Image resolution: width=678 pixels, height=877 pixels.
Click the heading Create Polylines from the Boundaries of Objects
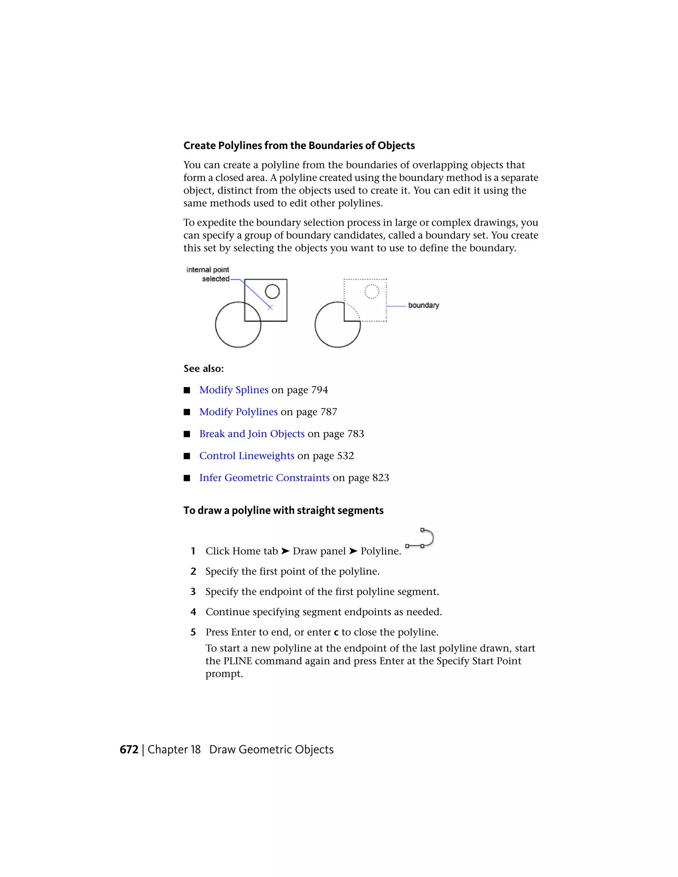(x=299, y=145)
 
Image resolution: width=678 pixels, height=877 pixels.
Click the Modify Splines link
(x=234, y=390)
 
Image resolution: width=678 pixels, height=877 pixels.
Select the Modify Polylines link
(x=238, y=412)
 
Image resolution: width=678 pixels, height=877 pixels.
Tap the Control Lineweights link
(x=247, y=456)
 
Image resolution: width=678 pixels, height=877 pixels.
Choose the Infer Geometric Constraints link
(x=264, y=478)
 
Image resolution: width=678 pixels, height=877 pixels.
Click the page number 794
(x=320, y=390)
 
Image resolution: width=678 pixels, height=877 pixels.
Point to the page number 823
(x=381, y=478)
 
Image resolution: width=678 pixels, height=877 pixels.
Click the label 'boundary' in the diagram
(x=423, y=305)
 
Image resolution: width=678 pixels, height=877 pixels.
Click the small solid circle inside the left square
(x=272, y=292)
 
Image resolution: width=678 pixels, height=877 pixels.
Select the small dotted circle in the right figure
(x=371, y=292)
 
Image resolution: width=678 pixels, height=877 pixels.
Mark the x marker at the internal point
(x=270, y=307)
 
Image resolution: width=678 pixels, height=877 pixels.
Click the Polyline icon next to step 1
(x=420, y=538)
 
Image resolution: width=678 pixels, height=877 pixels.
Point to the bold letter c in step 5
(x=336, y=632)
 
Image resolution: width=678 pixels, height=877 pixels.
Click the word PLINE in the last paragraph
(x=237, y=661)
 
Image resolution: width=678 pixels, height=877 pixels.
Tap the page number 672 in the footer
(x=129, y=750)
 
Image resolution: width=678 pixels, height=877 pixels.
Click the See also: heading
(x=204, y=369)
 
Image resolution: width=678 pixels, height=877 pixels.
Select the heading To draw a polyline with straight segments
(x=283, y=510)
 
